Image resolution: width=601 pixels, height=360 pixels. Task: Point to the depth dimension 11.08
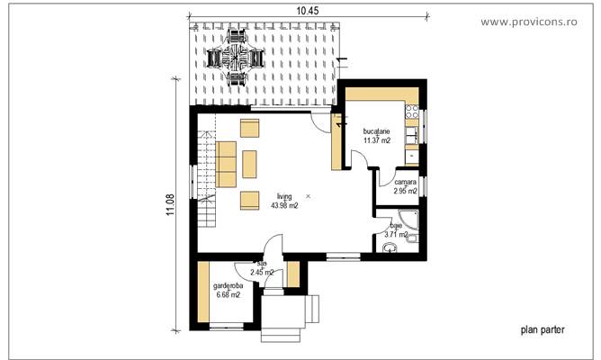(x=170, y=204)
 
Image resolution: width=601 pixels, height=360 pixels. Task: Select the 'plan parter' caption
(x=543, y=330)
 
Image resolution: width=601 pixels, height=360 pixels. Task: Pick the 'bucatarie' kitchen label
(x=377, y=131)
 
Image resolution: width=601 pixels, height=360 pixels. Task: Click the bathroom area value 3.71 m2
(x=396, y=235)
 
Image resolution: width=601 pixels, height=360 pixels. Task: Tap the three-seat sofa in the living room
(x=226, y=161)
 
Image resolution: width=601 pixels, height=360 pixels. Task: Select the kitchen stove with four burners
(x=411, y=114)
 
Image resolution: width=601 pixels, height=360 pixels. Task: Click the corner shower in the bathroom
(x=409, y=218)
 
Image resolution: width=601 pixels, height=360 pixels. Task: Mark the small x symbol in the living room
(x=308, y=194)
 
